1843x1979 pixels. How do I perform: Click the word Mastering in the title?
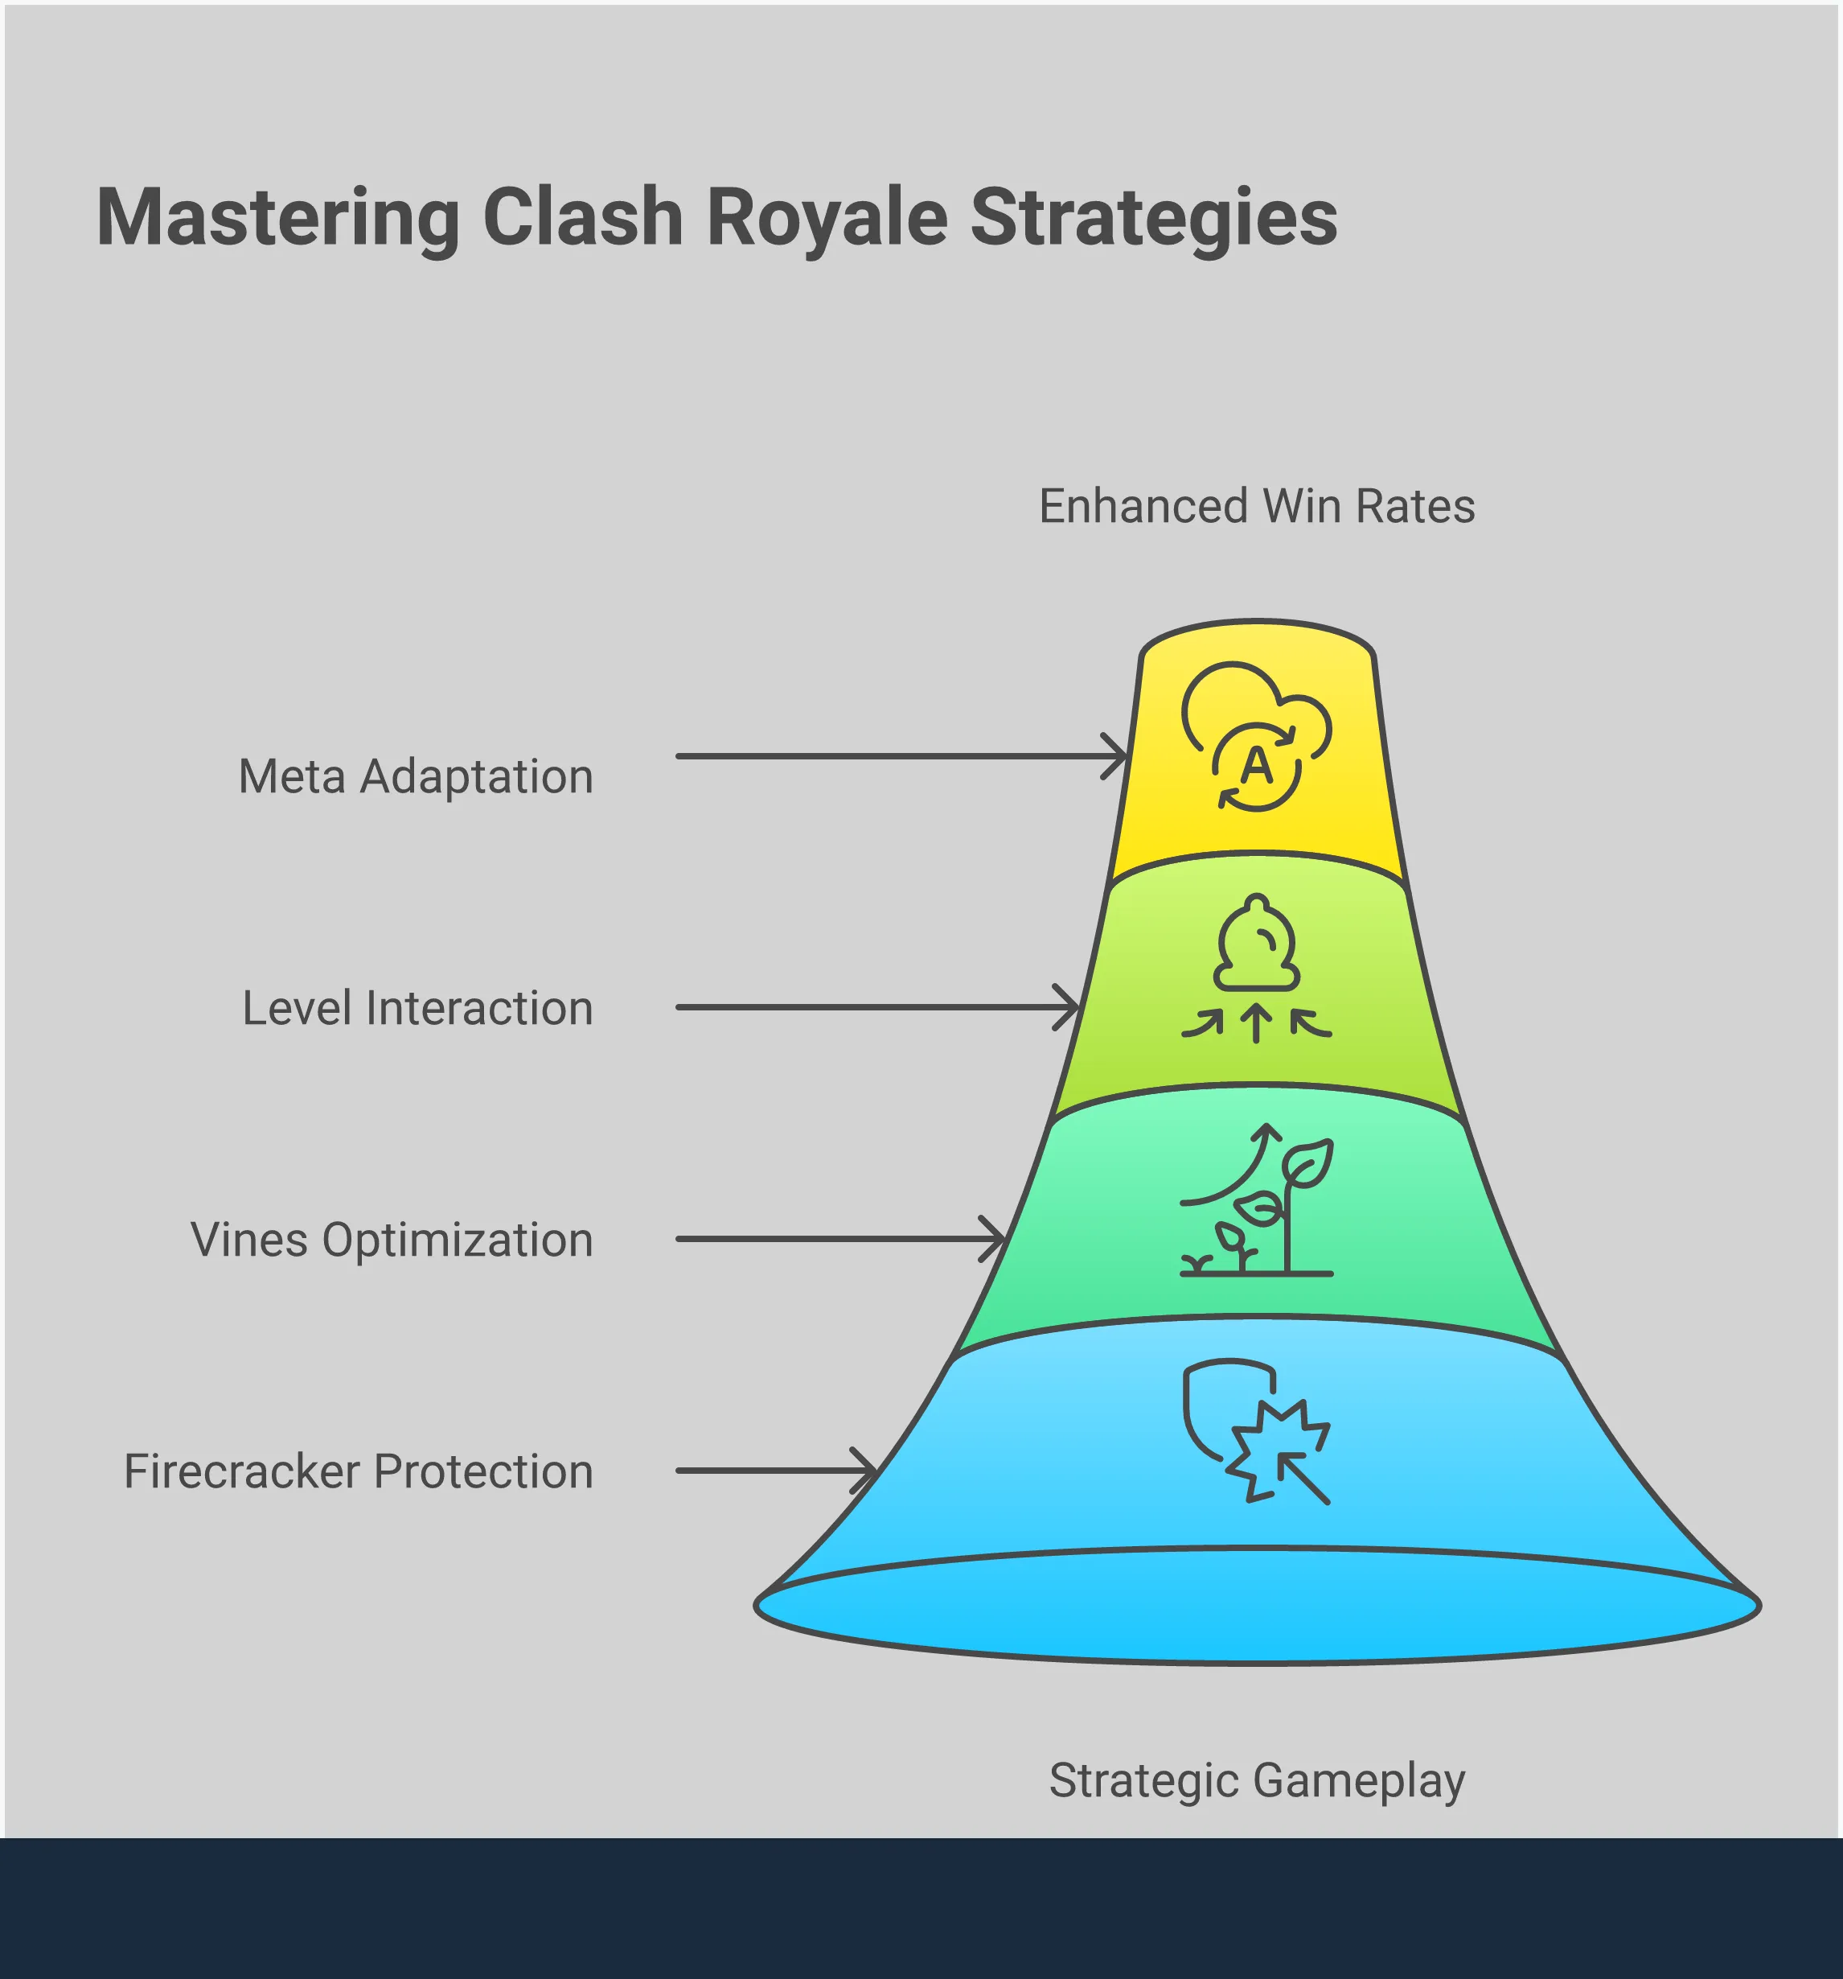[x=277, y=218]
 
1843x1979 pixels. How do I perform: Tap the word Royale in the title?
[x=827, y=218]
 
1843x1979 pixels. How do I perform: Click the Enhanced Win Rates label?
[x=1256, y=507]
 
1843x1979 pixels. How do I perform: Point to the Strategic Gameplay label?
[x=1256, y=1780]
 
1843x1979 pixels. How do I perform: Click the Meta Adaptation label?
[x=415, y=776]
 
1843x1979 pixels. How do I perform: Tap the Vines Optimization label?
[x=391, y=1240]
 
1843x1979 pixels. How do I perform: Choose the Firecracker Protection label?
[x=359, y=1471]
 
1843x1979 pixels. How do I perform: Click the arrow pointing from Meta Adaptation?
[x=900, y=756]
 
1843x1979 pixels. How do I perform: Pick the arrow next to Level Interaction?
[x=876, y=1007]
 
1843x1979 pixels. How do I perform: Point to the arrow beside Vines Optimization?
[x=839, y=1240]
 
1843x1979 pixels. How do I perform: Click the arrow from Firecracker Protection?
[x=775, y=1471]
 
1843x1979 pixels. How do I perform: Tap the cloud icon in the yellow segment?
[x=1256, y=735]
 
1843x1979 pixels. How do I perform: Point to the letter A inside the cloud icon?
[x=1257, y=767]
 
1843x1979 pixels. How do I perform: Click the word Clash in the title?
[x=582, y=218]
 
